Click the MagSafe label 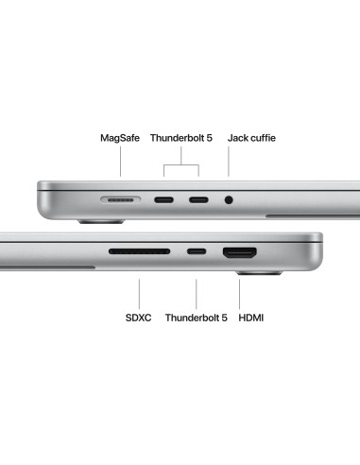point(120,138)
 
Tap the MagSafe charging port point(121,199)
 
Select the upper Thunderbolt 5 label point(181,138)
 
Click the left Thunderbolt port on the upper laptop point(163,199)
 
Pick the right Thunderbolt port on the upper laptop point(198,199)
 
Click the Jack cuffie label point(251,138)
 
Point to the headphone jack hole point(229,199)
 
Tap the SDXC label point(138,318)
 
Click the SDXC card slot point(140,251)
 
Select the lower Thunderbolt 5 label point(197,318)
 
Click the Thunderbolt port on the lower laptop point(197,251)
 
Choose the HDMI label point(251,318)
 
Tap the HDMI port point(240,252)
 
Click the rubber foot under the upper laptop point(101,222)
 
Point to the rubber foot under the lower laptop point(259,273)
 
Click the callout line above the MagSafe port point(120,161)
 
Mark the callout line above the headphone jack point(229,161)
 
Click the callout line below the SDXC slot point(139,294)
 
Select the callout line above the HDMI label point(239,294)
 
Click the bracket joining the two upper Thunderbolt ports point(181,164)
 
